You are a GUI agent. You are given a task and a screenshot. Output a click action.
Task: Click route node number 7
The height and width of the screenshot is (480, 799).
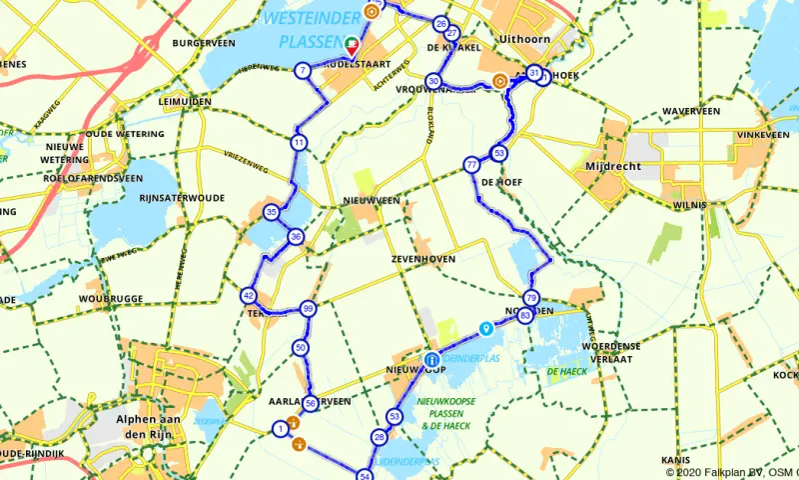pos(302,70)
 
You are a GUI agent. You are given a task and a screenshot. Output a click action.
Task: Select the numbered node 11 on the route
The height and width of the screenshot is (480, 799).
pos(299,143)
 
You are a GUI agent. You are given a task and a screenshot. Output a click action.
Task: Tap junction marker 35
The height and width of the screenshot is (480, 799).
pos(272,212)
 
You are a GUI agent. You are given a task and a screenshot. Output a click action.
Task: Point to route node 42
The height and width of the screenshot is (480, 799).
pos(248,296)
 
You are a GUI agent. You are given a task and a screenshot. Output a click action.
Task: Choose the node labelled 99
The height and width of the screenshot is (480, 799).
pos(308,309)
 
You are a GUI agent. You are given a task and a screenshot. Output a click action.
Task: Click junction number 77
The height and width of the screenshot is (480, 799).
pos(470,165)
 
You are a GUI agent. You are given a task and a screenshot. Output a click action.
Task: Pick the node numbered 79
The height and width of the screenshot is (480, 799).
pos(530,298)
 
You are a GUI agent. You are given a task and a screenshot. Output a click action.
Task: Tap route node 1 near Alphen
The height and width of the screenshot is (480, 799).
pos(281,429)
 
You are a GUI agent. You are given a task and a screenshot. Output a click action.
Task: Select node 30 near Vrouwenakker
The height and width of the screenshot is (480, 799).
pos(432,81)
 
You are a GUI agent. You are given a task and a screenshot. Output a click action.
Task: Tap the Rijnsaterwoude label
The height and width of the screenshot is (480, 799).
pos(182,197)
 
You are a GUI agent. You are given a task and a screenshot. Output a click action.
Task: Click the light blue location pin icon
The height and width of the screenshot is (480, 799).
pos(485,327)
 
